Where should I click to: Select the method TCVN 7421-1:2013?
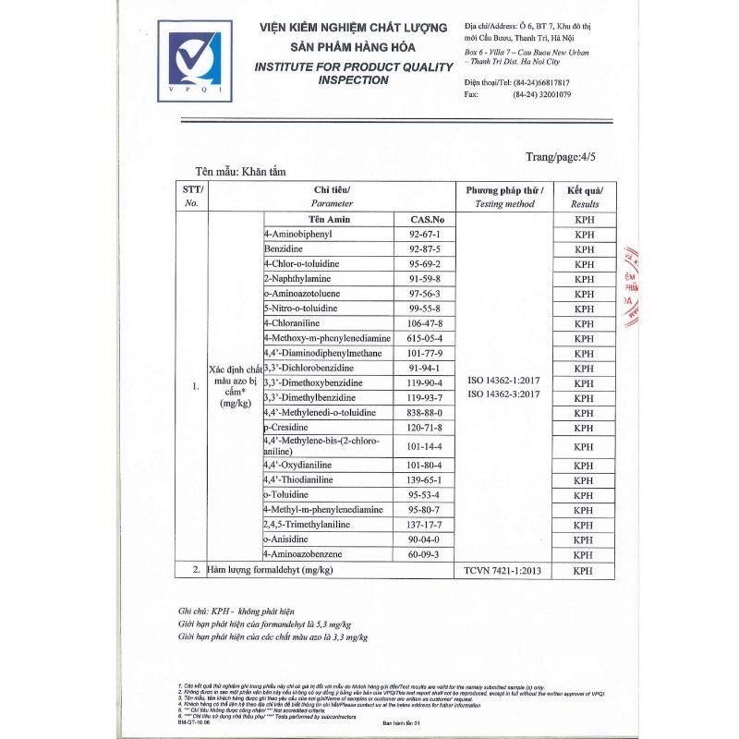point(503,572)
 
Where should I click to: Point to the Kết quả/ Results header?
point(584,196)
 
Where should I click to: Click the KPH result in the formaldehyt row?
point(584,572)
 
